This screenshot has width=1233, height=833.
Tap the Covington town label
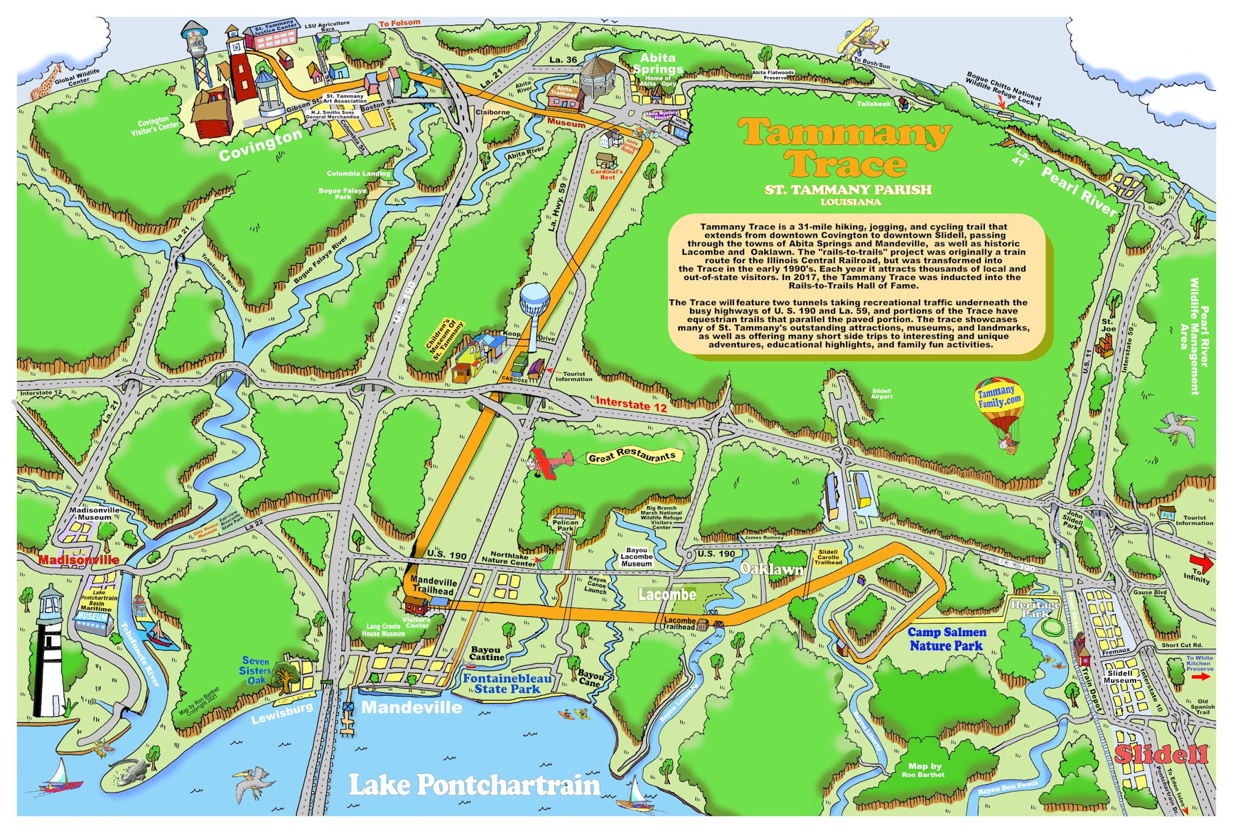[x=260, y=145]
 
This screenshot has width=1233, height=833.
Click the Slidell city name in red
[x=1161, y=754]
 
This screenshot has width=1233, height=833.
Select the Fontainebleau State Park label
[x=507, y=684]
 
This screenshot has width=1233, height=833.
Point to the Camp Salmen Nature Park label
[x=946, y=639]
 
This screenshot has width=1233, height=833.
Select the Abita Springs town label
[x=657, y=63]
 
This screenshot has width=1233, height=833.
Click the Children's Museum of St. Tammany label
[x=445, y=340]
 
